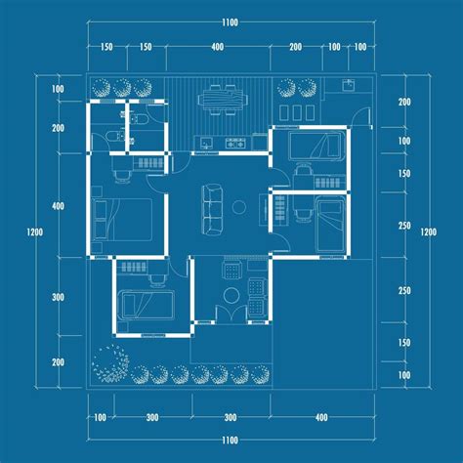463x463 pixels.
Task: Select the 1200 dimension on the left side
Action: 36,231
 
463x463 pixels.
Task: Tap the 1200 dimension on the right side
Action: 427,231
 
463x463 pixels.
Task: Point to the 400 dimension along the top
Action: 216,47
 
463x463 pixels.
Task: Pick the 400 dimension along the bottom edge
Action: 321,417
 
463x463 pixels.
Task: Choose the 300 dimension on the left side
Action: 58,297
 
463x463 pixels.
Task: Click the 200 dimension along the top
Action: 295,47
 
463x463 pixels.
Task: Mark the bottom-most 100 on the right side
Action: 404,375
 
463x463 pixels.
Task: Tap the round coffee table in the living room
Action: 239,207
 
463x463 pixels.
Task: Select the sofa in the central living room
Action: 211,208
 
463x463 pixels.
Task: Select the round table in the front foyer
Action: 231,295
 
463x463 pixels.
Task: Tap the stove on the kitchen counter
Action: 234,145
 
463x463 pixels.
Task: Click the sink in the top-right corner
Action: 349,87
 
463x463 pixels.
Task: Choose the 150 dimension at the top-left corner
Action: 106,47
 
